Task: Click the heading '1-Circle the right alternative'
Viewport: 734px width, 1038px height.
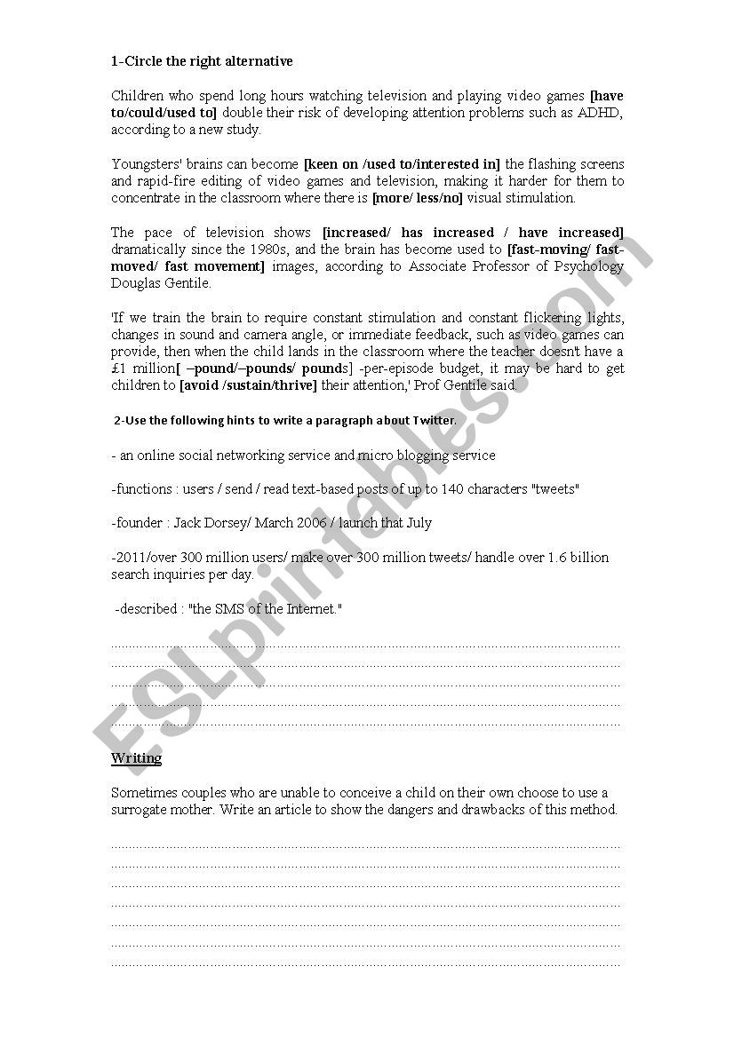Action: (202, 61)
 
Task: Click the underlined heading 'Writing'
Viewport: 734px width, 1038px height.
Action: (136, 758)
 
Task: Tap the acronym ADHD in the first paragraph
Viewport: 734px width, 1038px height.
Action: (603, 112)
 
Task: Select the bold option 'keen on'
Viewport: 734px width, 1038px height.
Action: (330, 164)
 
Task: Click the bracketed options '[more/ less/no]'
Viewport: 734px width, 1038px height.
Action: (417, 198)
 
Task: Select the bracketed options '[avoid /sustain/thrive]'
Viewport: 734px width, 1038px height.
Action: (248, 385)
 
